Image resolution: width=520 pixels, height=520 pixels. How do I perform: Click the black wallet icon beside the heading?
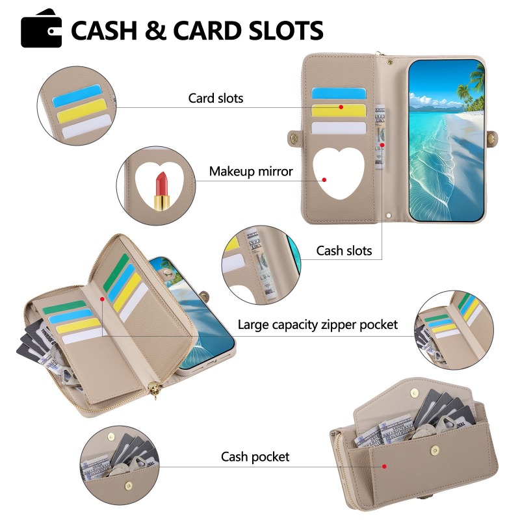(x=41, y=29)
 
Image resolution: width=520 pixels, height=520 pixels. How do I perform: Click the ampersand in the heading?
(x=155, y=30)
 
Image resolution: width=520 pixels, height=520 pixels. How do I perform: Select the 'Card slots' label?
(x=216, y=98)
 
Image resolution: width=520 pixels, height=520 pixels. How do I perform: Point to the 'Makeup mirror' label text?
(x=251, y=172)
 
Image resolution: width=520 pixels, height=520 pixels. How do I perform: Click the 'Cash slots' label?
(x=344, y=251)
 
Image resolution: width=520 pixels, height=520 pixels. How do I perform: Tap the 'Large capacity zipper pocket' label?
(x=317, y=324)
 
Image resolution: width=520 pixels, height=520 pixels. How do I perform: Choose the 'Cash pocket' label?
(x=255, y=457)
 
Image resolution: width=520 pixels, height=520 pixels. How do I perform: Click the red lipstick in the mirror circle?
(x=162, y=190)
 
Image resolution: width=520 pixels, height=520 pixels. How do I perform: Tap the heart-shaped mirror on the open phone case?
(x=338, y=172)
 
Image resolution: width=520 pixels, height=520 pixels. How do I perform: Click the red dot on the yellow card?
(x=341, y=107)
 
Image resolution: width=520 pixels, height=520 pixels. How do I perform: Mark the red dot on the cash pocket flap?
(x=384, y=466)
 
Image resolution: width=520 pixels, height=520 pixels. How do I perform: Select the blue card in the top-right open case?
(x=338, y=94)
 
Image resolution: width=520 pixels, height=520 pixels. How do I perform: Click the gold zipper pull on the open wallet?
(x=153, y=389)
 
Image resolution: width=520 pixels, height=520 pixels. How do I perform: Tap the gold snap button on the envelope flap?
(x=414, y=393)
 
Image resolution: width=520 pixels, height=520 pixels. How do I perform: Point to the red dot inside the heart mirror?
(x=324, y=180)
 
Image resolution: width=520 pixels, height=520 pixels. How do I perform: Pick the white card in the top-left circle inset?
(x=86, y=127)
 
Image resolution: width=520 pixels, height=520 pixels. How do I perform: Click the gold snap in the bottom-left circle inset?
(x=128, y=486)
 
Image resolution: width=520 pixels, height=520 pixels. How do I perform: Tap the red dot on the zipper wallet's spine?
(x=102, y=299)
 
